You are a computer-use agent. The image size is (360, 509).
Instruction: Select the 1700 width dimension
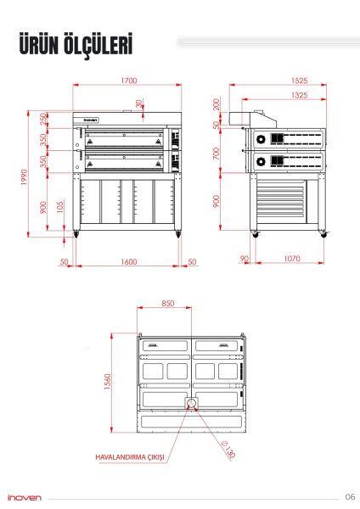(x=128, y=81)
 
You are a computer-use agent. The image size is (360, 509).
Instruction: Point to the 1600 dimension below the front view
(x=128, y=262)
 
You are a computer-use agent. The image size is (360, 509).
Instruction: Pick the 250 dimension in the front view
(x=43, y=120)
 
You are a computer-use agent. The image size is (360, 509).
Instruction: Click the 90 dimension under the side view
(x=245, y=258)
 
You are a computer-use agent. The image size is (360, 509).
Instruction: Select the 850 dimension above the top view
(x=168, y=304)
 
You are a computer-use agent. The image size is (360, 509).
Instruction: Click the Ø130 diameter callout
(x=228, y=450)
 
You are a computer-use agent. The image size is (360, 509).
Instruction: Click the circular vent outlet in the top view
(x=192, y=403)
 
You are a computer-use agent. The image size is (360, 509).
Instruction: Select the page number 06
(x=349, y=497)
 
